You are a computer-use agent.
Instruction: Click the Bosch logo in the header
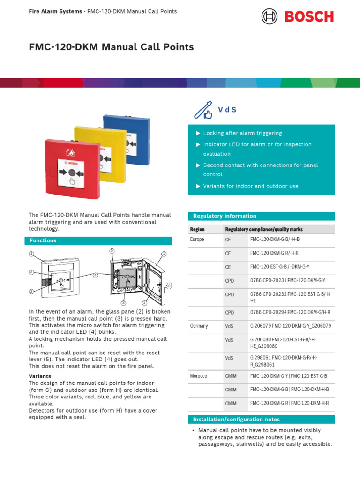[x=298, y=16]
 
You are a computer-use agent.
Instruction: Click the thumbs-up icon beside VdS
[x=203, y=110]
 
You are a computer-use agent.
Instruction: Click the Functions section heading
[x=43, y=240]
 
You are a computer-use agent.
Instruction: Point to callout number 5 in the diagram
[x=112, y=251]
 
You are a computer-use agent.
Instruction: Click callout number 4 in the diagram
[x=95, y=275]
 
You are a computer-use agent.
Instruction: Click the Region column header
[x=197, y=229]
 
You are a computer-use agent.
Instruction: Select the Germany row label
[x=199, y=326]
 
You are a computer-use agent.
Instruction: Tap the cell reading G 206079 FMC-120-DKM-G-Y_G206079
[x=291, y=326]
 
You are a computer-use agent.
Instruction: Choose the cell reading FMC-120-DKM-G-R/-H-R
[x=274, y=253]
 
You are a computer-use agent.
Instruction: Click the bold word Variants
[x=40, y=376]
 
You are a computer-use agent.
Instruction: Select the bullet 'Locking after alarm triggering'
[x=242, y=133]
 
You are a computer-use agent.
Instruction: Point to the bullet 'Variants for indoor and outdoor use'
[x=250, y=186]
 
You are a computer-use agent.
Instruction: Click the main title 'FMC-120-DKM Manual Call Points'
[x=111, y=47]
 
